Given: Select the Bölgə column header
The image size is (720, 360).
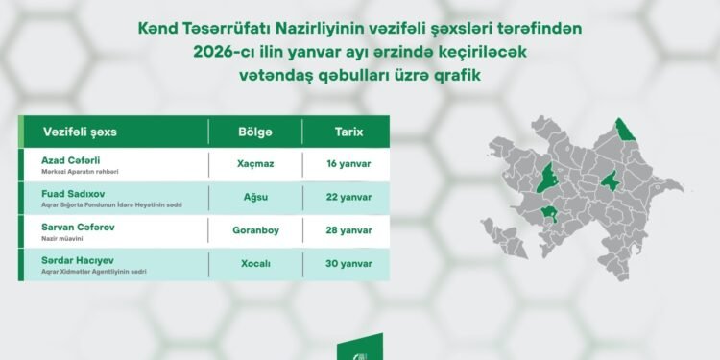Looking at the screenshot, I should pyautogui.click(x=254, y=131).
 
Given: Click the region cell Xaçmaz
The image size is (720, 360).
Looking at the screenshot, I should pyautogui.click(x=255, y=163).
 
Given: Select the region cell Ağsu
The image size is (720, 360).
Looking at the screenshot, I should pyautogui.click(x=255, y=197).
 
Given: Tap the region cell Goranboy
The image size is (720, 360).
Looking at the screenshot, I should pyautogui.click(x=255, y=230).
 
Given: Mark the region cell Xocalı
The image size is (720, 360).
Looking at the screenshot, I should pyautogui.click(x=255, y=264).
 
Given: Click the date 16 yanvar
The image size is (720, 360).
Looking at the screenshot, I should pyautogui.click(x=348, y=163).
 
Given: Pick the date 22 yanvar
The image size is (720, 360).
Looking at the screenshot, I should pyautogui.click(x=348, y=197).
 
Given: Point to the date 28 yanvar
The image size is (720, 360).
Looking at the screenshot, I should pyautogui.click(x=348, y=230).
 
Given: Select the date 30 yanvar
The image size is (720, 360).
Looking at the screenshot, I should pyautogui.click(x=348, y=264).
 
